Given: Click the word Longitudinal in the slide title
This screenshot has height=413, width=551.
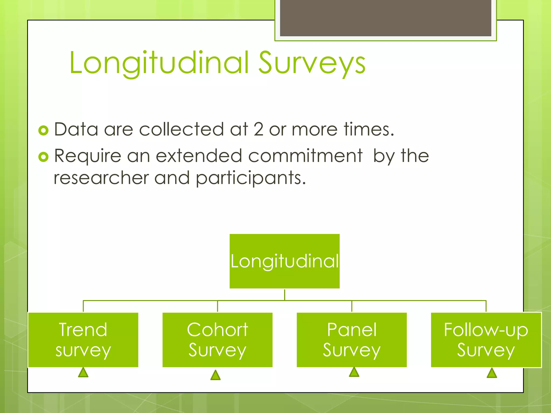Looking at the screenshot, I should pos(159,63).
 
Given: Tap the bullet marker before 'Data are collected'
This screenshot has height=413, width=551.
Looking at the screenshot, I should pos(43,130).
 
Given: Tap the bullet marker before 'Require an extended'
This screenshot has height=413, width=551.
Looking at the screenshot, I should pos(43,157).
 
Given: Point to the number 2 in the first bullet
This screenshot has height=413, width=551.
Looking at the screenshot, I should pos(258,129).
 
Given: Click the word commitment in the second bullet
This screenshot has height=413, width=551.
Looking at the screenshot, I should pos(305,156).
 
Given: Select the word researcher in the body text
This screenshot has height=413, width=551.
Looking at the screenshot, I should pos(101,178).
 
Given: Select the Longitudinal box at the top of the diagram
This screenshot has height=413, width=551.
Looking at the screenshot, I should pos(284,261).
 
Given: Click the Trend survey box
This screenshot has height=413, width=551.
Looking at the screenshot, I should pos(83,340).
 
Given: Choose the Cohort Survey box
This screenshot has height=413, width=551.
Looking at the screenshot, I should pos(217,340).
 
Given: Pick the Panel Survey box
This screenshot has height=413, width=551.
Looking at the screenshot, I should pos(352,340).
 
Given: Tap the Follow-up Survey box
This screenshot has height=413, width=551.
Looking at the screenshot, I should pos(486,340).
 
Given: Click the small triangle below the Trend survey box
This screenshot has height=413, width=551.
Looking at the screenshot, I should pos(83,373).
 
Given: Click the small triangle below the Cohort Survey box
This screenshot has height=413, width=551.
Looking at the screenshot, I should pos(215,375).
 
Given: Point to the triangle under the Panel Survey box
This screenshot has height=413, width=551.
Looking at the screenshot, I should pos(354,372).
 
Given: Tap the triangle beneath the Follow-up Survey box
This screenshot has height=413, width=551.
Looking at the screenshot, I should pos(492,373).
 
